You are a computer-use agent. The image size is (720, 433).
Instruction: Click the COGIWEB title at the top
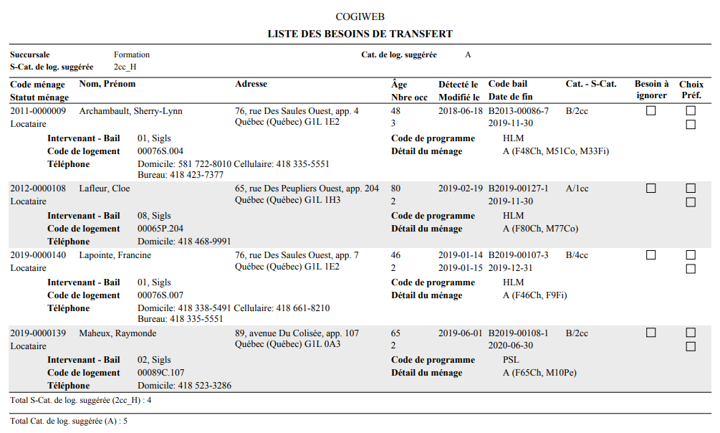[x=360, y=16]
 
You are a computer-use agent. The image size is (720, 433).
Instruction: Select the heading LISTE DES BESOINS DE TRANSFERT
[x=360, y=34]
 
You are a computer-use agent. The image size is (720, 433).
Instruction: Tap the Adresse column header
[x=251, y=84]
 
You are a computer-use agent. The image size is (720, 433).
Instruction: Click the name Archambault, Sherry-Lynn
[x=130, y=111]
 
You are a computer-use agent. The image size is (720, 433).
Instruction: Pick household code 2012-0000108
[x=38, y=189]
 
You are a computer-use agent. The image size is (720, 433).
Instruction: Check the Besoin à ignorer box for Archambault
[x=651, y=111]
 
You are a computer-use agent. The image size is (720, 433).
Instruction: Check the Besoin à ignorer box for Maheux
[x=651, y=333]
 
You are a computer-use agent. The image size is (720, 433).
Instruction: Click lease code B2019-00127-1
[x=518, y=189]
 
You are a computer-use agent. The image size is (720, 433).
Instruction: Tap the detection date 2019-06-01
[x=461, y=333]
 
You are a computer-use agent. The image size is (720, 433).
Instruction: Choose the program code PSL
[x=511, y=360]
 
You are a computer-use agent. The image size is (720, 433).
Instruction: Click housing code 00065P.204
[x=160, y=229]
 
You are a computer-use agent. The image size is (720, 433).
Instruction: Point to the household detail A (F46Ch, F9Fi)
[x=534, y=295]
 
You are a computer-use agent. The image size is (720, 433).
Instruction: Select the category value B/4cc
[x=577, y=255]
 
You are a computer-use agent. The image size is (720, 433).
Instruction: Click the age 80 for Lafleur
[x=395, y=189]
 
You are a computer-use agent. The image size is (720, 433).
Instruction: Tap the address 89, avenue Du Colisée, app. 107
[x=297, y=333]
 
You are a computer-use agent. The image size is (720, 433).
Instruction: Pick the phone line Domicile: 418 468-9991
[x=184, y=242]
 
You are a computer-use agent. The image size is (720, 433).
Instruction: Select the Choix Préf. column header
[x=691, y=90]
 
